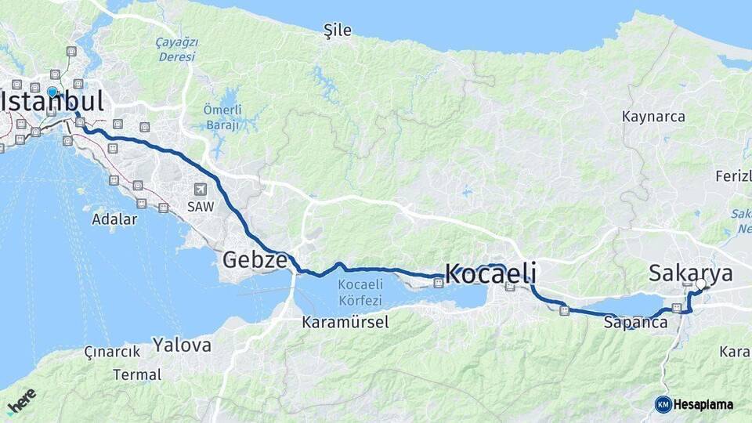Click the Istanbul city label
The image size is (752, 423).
click(53, 102)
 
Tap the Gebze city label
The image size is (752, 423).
click(255, 260)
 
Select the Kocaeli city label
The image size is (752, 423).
click(490, 273)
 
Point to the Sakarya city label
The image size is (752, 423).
click(691, 273)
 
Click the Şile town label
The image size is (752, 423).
click(338, 31)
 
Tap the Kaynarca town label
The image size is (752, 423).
click(653, 117)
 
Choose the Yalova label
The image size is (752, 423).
click(182, 345)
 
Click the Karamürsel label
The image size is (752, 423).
click(345, 322)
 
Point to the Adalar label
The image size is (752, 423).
click(114, 219)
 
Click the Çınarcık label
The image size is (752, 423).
click(112, 352)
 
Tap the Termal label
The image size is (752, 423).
click(137, 374)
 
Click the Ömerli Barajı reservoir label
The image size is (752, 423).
click(222, 117)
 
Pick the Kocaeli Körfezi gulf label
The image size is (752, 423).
click(360, 292)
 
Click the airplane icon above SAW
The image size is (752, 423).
click(201, 189)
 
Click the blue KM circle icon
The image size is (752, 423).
click(663, 404)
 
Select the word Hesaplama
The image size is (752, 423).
click(703, 404)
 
